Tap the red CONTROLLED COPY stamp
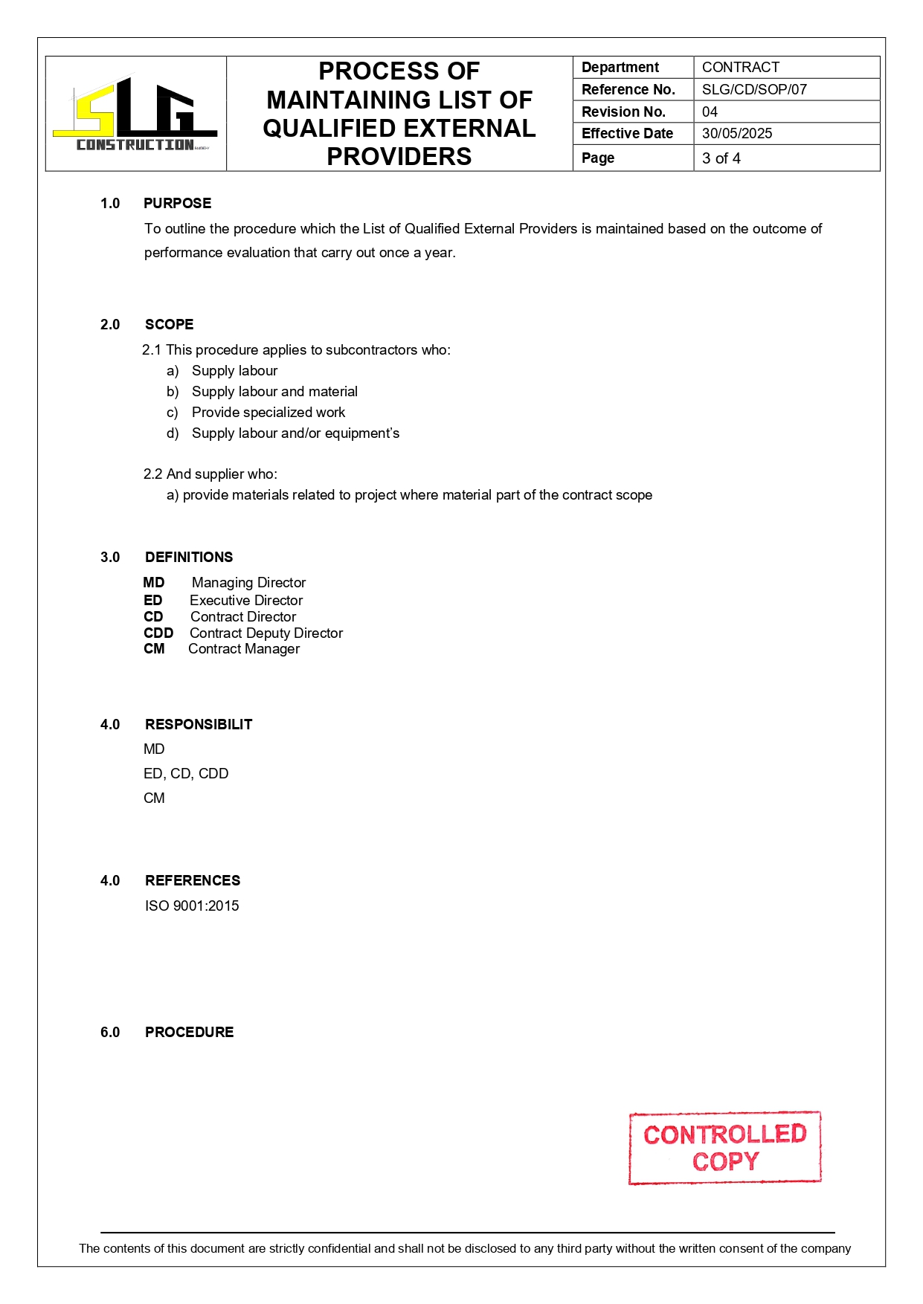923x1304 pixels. point(724,1147)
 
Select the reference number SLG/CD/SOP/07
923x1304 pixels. point(754,90)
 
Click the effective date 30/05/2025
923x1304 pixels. point(737,134)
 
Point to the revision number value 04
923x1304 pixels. point(710,112)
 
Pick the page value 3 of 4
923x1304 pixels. point(721,158)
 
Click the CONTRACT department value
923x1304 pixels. point(741,68)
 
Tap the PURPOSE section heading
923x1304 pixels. point(177,204)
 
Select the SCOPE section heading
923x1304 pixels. point(169,325)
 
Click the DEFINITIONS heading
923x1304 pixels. point(189,558)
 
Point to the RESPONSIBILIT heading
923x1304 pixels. point(199,725)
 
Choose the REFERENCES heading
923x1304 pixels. point(193,881)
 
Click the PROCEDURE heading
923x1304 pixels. point(189,1033)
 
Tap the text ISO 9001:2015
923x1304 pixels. point(192,906)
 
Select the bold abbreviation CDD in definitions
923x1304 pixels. point(158,633)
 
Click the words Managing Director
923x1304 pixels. point(248,583)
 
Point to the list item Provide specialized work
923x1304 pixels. point(268,413)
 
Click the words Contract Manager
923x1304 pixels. point(244,649)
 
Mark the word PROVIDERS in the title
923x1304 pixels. point(399,157)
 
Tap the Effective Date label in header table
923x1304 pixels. point(627,134)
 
